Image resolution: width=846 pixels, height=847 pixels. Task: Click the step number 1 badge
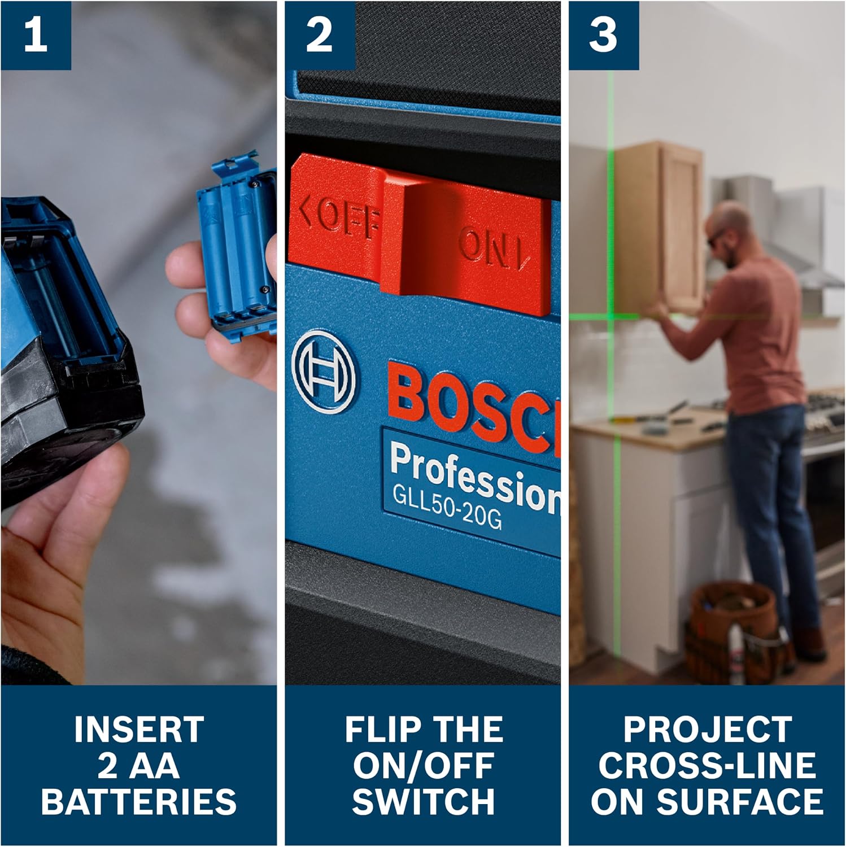pyautogui.click(x=36, y=35)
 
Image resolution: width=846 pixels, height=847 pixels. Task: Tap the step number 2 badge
pyautogui.click(x=320, y=35)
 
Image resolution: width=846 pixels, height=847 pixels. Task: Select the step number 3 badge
pyautogui.click(x=604, y=35)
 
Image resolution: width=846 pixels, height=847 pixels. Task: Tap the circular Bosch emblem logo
pyautogui.click(x=324, y=371)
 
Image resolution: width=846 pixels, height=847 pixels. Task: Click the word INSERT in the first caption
pyautogui.click(x=139, y=729)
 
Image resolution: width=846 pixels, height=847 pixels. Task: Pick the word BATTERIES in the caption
pyautogui.click(x=139, y=801)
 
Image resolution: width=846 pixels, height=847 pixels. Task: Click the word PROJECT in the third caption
pyautogui.click(x=707, y=729)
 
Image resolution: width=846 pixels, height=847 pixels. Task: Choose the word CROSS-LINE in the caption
pyautogui.click(x=707, y=765)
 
